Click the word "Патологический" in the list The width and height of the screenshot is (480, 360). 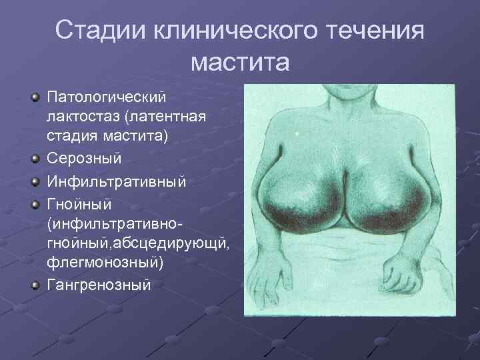click(x=105, y=98)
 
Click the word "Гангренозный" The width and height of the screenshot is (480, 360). click(x=99, y=285)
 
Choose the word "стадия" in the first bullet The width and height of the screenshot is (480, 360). click(x=71, y=136)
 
